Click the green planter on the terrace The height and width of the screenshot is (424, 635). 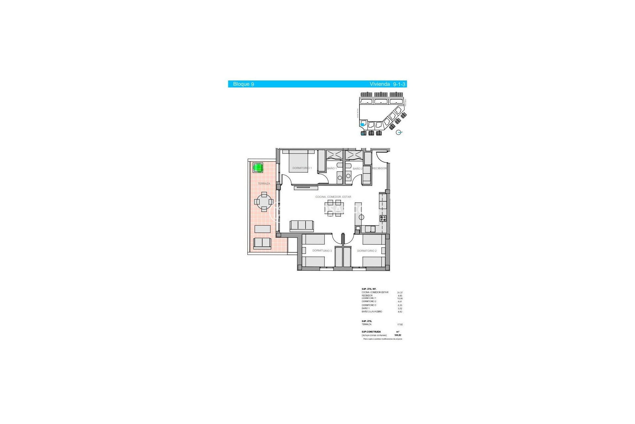[x=258, y=168]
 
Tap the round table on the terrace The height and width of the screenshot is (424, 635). [x=264, y=202]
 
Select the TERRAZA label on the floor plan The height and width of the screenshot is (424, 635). [x=264, y=184]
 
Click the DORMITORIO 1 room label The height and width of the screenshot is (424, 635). [x=302, y=168]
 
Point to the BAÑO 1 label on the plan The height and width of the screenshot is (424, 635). [x=332, y=169]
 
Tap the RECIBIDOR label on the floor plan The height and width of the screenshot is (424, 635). [x=379, y=169]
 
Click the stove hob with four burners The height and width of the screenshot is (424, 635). [x=383, y=219]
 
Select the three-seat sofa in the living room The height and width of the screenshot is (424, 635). [x=302, y=226]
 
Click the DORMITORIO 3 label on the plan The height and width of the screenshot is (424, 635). [x=322, y=251]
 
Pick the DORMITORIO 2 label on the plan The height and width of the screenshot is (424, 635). [x=367, y=251]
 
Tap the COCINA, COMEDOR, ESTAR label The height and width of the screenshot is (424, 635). [x=333, y=197]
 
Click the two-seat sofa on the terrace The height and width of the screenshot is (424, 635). [x=262, y=243]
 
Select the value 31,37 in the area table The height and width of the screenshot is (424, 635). [x=400, y=292]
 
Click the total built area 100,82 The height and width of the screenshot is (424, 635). [x=398, y=335]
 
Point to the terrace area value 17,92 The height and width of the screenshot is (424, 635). [x=400, y=325]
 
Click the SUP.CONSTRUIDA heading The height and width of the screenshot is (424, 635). [x=371, y=332]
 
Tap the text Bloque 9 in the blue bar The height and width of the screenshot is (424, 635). [x=243, y=84]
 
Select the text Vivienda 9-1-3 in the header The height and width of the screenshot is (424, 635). [x=387, y=84]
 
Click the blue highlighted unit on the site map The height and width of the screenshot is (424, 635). [x=362, y=125]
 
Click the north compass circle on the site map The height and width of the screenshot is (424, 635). [x=399, y=132]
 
